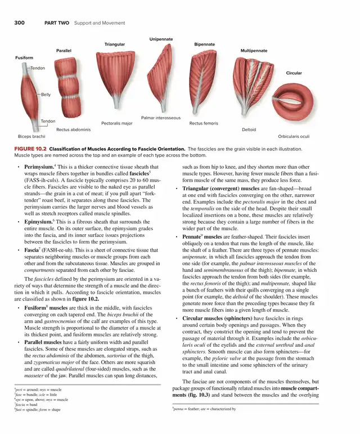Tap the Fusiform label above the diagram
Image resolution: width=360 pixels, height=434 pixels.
(24, 58)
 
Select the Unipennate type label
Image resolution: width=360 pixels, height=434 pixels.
(161, 39)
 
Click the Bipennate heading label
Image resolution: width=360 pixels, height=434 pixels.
(204, 44)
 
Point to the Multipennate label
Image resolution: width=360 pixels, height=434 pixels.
(254, 51)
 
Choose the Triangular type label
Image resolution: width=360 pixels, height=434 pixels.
(115, 44)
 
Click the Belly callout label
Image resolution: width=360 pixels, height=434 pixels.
(46, 95)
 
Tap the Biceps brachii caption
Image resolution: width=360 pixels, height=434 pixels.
(31, 136)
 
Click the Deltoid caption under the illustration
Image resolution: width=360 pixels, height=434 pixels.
(249, 129)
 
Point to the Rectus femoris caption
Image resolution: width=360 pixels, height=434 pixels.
(204, 123)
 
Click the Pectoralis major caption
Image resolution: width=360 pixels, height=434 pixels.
(117, 123)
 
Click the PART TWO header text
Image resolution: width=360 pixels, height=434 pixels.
(56, 23)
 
